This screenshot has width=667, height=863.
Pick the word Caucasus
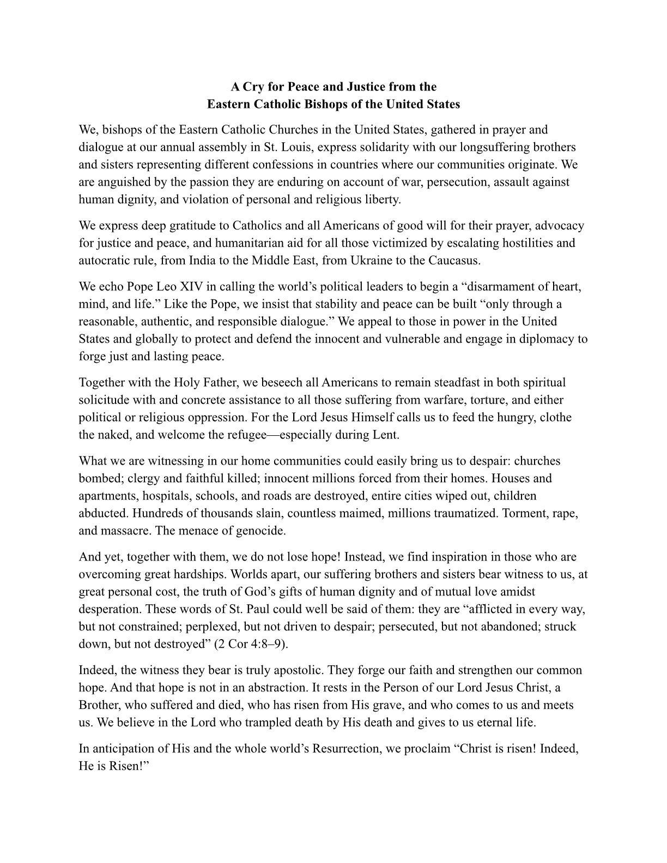coord(452,260)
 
